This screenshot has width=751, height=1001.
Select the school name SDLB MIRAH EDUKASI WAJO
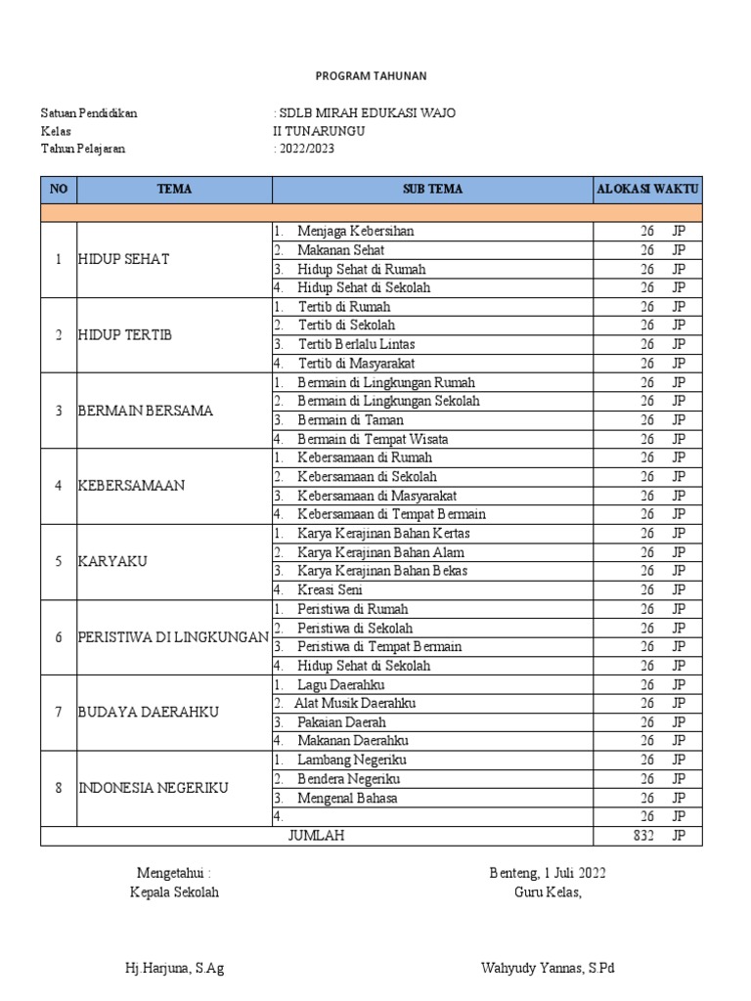(368, 112)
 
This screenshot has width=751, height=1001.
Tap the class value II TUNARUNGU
(319, 131)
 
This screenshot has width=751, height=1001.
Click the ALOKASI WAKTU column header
(647, 190)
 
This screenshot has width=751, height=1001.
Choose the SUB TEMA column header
(432, 190)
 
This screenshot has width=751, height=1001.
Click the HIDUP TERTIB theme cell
(125, 335)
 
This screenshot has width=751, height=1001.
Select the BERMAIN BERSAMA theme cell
(145, 411)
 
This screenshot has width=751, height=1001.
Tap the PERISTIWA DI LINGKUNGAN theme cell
(173, 637)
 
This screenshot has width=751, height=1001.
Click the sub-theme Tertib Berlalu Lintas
(356, 344)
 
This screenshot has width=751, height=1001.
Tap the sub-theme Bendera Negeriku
(348, 779)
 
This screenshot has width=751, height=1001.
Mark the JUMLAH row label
(316, 836)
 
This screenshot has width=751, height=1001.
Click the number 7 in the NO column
(59, 713)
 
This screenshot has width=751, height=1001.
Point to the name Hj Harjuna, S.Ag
(175, 969)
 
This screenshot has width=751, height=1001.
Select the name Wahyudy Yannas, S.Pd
(548, 969)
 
